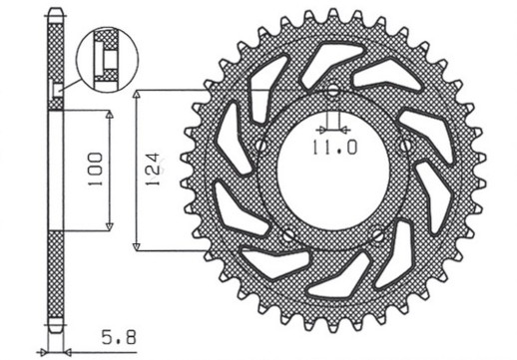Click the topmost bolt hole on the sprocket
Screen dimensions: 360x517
[x=332, y=92]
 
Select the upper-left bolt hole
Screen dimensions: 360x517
[x=261, y=146]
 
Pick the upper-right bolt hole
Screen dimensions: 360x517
[x=404, y=146]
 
